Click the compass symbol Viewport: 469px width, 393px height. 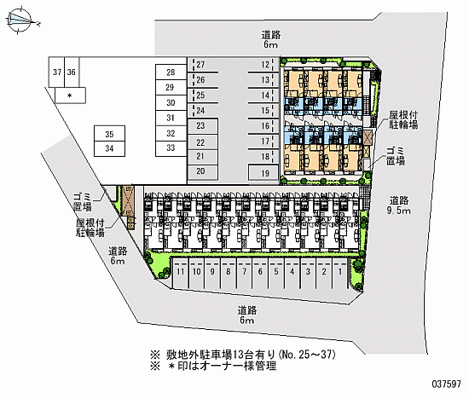click(20, 20)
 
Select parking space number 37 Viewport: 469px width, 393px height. click(57, 72)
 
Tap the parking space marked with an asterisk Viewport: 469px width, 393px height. click(70, 95)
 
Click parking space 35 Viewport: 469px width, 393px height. click(109, 133)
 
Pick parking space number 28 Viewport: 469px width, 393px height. click(171, 72)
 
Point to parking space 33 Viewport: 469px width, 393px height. click(171, 147)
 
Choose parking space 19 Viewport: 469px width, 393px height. click(263, 172)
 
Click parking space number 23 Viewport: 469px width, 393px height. click(202, 125)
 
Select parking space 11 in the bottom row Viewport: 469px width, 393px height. click(181, 272)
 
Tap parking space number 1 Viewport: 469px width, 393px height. click(339, 272)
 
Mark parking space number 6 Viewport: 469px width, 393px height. click(260, 272)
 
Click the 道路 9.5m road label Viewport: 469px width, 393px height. click(399, 205)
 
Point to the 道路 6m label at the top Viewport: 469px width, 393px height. click(271, 39)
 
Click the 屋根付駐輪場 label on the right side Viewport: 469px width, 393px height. click(403, 119)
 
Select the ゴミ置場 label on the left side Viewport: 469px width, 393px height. click(83, 201)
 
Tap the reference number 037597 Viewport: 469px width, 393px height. click(446, 384)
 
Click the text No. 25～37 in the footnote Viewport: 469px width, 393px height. click(307, 355)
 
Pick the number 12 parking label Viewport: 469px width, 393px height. click(265, 64)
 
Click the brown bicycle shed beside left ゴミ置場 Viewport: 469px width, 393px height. click(128, 200)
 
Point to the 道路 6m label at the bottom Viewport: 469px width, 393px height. click(247, 315)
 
